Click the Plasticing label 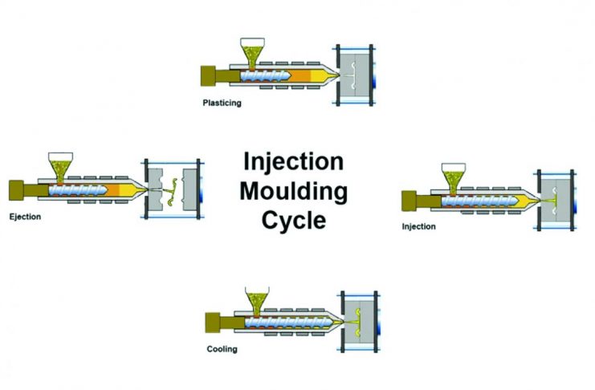click(222, 104)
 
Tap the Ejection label click(25, 217)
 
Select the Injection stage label click(419, 226)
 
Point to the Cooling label click(222, 349)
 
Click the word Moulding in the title click(294, 191)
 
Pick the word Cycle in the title click(294, 220)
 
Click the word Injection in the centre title click(293, 161)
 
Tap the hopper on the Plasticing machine click(252, 52)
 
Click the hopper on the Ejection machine click(61, 167)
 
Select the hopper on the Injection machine click(454, 178)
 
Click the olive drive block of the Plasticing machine click(208, 76)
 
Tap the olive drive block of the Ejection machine click(16, 190)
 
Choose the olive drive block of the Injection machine click(409, 201)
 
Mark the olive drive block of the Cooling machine click(213, 323)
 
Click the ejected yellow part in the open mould click(172, 192)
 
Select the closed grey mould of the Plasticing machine click(355, 75)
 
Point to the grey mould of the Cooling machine click(359, 322)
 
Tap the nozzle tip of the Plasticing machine click(337, 76)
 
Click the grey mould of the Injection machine click(556, 201)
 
